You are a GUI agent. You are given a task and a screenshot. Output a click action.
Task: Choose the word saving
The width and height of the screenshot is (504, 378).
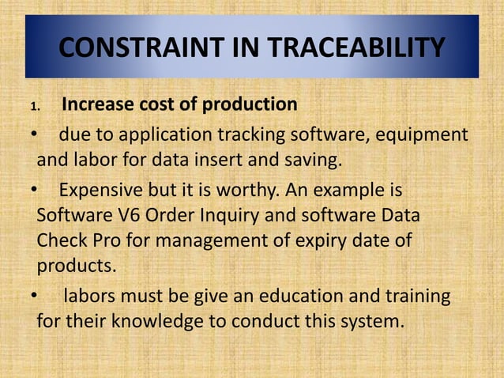tap(314, 161)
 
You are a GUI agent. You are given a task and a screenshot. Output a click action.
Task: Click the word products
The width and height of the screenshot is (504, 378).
tap(75, 265)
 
